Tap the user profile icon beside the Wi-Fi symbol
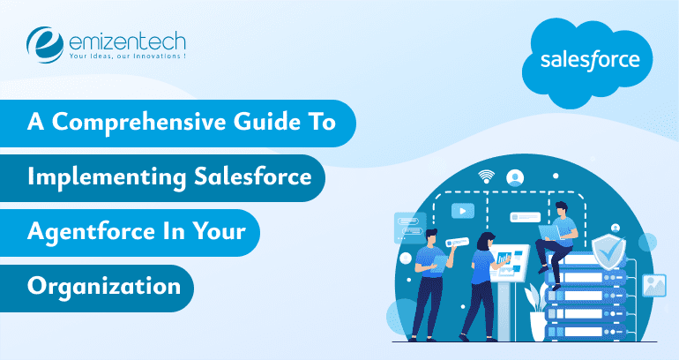[x=515, y=176]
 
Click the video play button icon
[x=462, y=212]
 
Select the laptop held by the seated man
[x=548, y=230]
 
